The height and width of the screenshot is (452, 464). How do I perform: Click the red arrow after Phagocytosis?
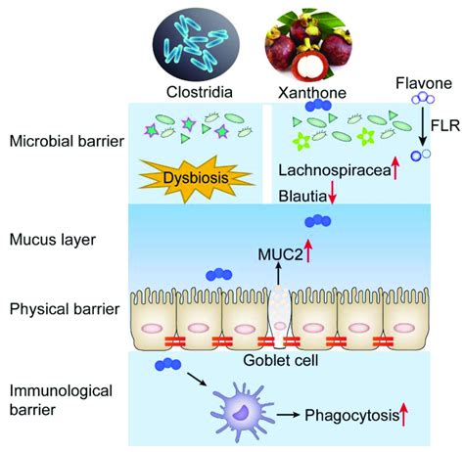(402, 416)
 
